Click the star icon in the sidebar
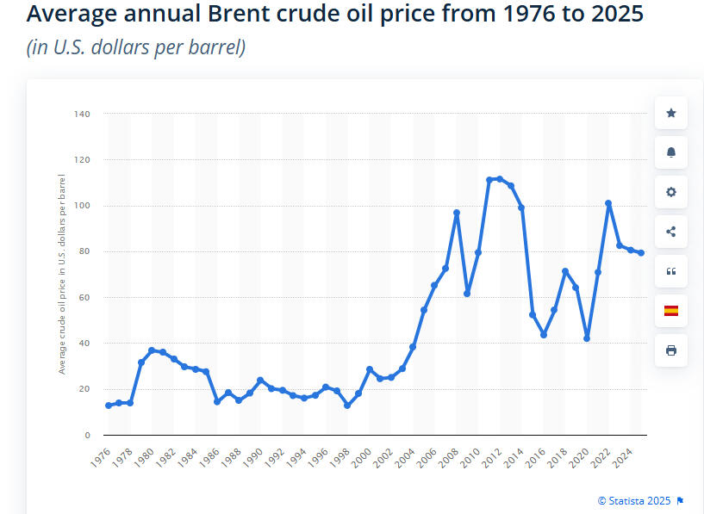[670, 113]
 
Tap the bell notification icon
[670, 152]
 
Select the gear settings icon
[670, 192]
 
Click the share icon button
[670, 232]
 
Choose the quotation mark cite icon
[670, 271]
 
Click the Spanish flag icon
[670, 311]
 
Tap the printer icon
[670, 350]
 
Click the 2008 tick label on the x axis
[450, 457]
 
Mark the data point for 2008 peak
[457, 213]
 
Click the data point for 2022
[608, 203]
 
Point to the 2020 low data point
[587, 338]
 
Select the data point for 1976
[109, 406]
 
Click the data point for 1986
[217, 402]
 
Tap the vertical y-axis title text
[62, 274]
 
